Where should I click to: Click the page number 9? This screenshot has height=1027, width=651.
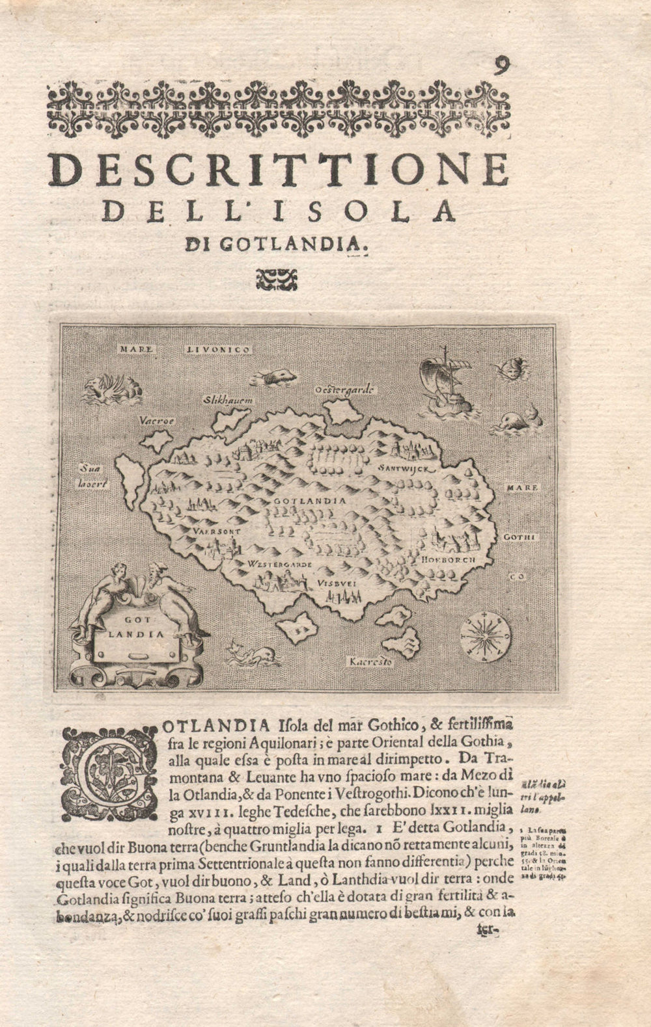501,66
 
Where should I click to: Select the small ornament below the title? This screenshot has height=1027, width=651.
277,280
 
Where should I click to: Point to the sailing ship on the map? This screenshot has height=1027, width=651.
444,386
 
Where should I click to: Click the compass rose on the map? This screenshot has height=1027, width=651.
486,634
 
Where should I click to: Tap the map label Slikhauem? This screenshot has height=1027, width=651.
227,400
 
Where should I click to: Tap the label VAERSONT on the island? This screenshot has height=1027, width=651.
217,530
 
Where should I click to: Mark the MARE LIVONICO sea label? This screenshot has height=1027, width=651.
185,349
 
